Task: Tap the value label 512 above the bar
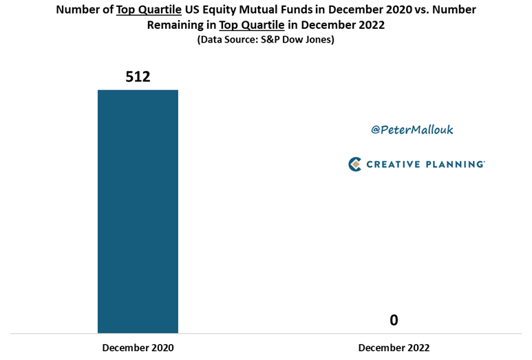pos(138,76)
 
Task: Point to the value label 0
pos(394,320)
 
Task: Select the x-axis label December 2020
pos(138,348)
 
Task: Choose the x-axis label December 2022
pos(394,348)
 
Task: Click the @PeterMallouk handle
pos(412,129)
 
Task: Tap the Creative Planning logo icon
pos(355,164)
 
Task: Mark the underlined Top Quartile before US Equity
pos(149,10)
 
